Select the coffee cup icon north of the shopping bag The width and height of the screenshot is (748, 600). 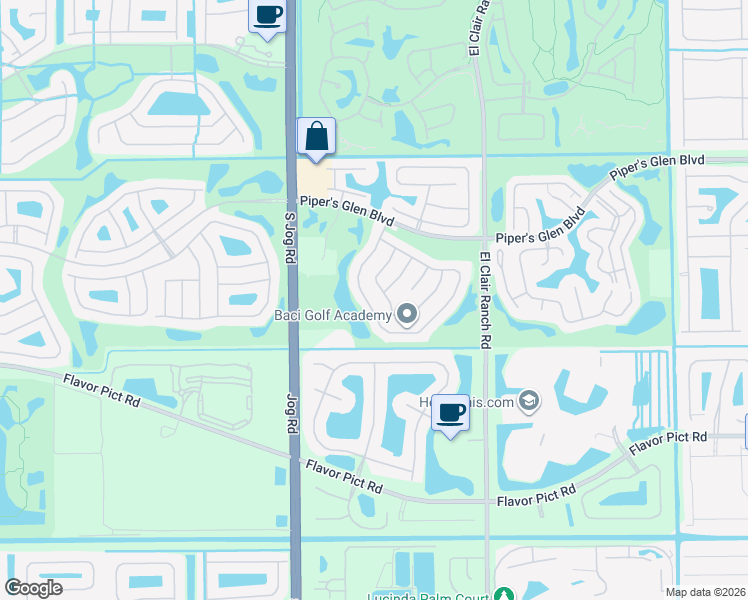pos(267,16)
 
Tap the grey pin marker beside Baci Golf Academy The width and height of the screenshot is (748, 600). pos(406,316)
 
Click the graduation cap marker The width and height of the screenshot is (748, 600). pos(528,402)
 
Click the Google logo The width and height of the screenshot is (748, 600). pos(34,588)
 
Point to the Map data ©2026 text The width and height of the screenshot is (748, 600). pos(705,592)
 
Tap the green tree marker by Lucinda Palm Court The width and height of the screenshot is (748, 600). pos(505,595)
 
